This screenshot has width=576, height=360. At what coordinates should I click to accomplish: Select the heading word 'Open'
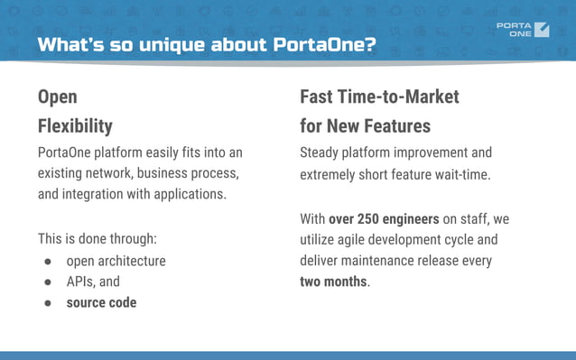(x=57, y=97)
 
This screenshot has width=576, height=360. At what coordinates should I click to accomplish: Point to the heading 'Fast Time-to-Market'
(x=379, y=97)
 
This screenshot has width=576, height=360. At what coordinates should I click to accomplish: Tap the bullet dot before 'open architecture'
(x=48, y=262)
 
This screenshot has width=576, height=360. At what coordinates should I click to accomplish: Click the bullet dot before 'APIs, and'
(x=48, y=282)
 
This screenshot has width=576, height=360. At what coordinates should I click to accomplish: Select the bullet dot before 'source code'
(x=48, y=302)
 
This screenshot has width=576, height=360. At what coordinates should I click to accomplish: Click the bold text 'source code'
(x=101, y=302)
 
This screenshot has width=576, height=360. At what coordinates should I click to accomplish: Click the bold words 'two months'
(x=333, y=282)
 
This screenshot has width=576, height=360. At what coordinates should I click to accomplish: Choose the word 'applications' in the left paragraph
(x=191, y=193)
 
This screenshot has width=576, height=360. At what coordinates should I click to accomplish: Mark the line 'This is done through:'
(x=98, y=240)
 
